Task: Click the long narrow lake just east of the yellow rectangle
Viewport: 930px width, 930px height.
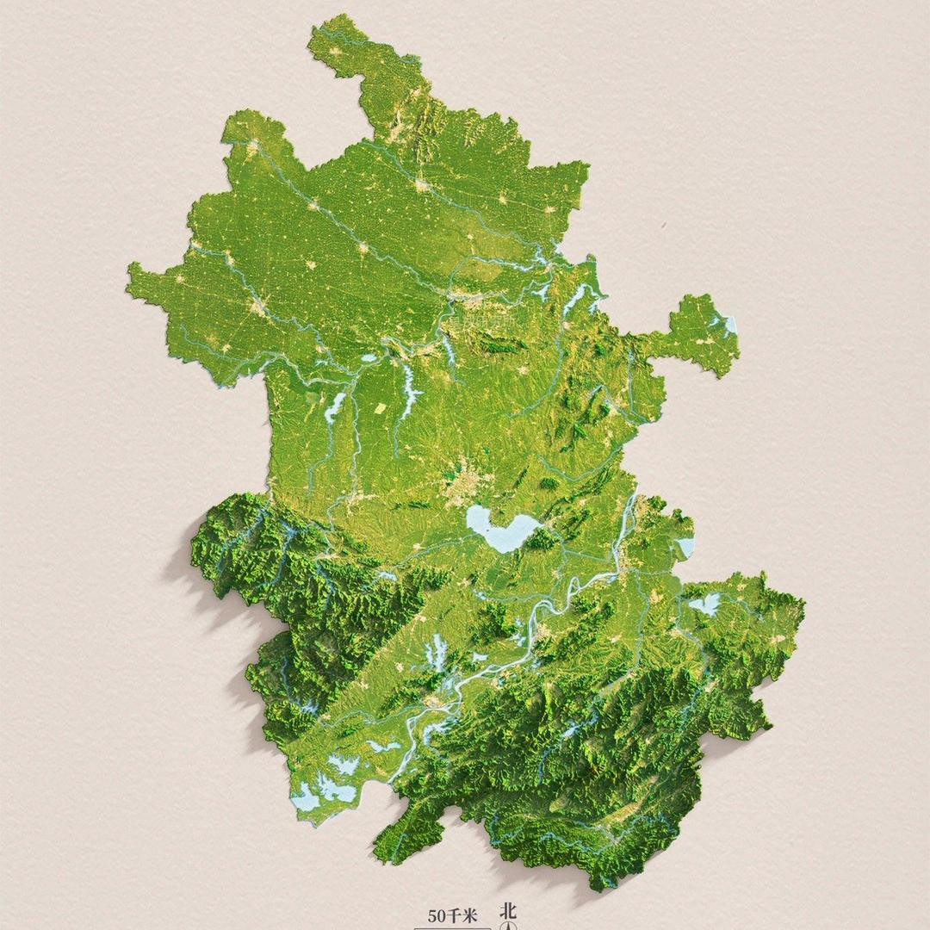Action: click(408, 392)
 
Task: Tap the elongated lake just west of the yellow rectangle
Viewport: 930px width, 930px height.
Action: click(334, 406)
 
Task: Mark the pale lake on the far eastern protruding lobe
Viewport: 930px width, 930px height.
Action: click(728, 325)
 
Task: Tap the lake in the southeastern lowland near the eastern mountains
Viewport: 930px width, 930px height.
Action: click(705, 604)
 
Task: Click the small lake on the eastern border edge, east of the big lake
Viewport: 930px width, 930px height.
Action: click(686, 547)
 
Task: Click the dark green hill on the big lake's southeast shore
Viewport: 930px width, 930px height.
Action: click(542, 539)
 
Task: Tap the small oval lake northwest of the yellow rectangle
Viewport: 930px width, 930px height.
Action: click(368, 357)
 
